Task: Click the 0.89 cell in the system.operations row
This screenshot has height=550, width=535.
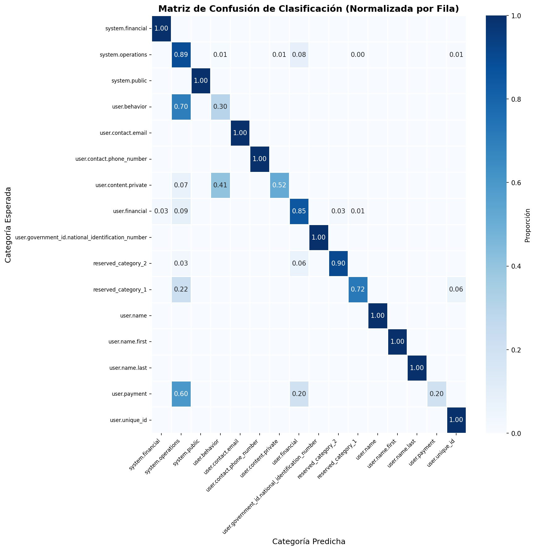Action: click(x=181, y=55)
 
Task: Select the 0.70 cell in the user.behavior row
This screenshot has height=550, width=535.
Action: click(x=181, y=107)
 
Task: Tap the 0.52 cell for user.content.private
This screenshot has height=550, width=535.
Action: click(x=279, y=185)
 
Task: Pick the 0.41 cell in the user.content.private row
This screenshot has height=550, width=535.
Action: click(x=220, y=185)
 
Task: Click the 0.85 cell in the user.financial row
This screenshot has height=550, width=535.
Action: click(x=299, y=211)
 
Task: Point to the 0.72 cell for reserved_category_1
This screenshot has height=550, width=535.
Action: click(x=358, y=290)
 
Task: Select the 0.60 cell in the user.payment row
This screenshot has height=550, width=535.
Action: click(x=181, y=394)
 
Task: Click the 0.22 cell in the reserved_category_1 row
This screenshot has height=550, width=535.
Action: click(x=181, y=290)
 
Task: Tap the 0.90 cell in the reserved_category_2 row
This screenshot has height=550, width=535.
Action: click(x=338, y=263)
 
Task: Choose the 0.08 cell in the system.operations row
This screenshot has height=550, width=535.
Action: click(x=299, y=55)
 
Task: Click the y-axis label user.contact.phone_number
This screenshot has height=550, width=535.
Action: click(x=111, y=159)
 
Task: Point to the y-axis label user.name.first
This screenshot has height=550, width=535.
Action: click(x=127, y=342)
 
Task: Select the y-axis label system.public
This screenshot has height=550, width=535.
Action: click(x=129, y=81)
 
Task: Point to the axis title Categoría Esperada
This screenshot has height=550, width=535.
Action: click(x=8, y=225)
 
